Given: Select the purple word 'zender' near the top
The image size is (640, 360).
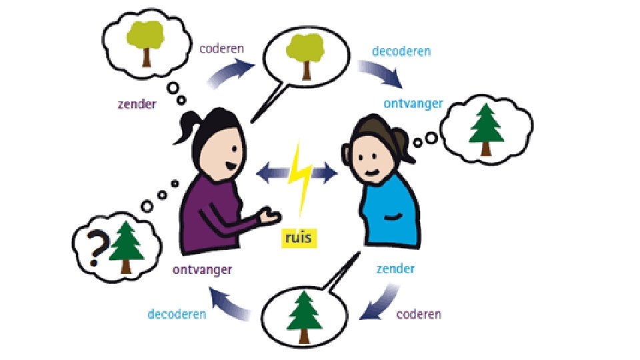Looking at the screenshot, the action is click(136, 104).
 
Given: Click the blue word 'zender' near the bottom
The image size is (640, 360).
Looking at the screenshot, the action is click(395, 269).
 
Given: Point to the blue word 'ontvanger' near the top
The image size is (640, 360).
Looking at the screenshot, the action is click(413, 104).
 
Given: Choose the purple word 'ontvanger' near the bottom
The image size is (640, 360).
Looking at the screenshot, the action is click(202, 269).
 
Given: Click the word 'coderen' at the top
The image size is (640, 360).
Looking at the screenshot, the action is click(221, 49).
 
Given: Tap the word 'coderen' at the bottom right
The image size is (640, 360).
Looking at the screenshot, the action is click(419, 313).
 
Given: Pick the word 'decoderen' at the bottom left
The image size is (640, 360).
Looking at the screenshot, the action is click(177, 313).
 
